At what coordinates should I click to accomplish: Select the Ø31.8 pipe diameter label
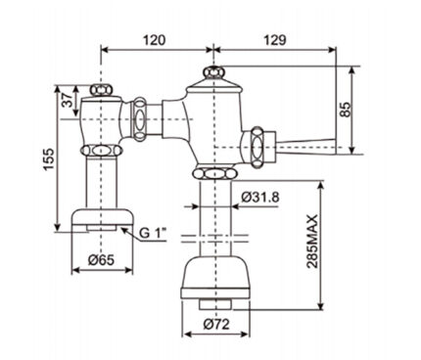point(257,199)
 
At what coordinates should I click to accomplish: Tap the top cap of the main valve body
point(210,76)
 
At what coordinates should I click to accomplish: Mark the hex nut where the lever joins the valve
point(259,143)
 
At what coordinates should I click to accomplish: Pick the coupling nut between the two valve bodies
point(141,118)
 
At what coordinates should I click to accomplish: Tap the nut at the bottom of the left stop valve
point(98,152)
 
